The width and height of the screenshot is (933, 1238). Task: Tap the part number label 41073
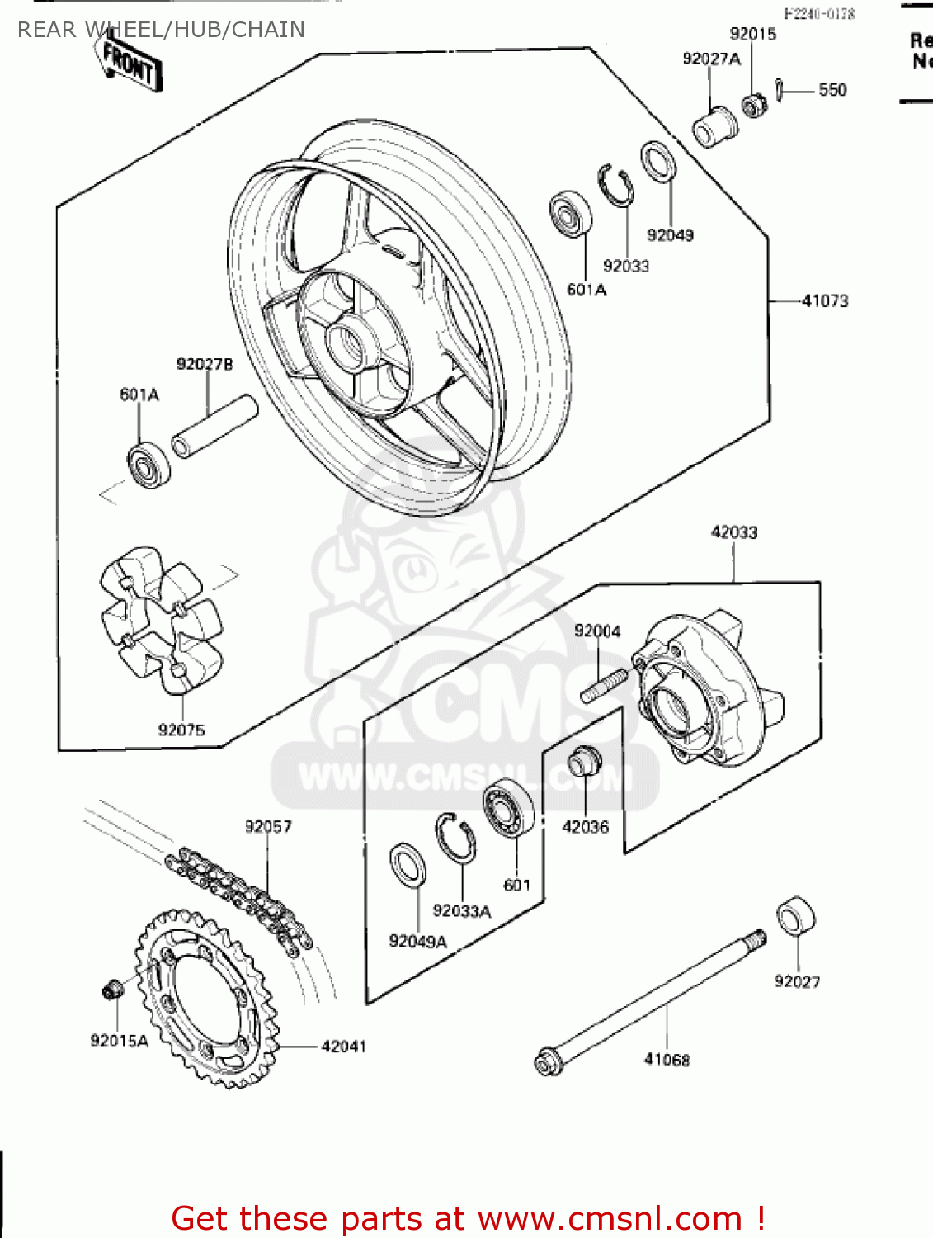(x=824, y=301)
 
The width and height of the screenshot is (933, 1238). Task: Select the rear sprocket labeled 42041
(x=206, y=999)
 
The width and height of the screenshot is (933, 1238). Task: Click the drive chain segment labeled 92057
(x=239, y=895)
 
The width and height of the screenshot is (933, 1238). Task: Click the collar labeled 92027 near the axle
(x=796, y=918)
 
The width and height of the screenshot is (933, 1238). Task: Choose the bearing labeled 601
(x=507, y=811)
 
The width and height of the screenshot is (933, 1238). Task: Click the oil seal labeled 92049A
(x=408, y=866)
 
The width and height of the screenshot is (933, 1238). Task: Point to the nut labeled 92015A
(x=112, y=989)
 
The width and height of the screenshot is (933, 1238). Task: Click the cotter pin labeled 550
(x=780, y=90)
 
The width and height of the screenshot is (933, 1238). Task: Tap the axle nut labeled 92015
(x=752, y=106)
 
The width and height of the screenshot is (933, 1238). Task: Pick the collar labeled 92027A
(x=714, y=127)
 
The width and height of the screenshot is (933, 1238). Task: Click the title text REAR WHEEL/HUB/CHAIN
(x=161, y=30)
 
